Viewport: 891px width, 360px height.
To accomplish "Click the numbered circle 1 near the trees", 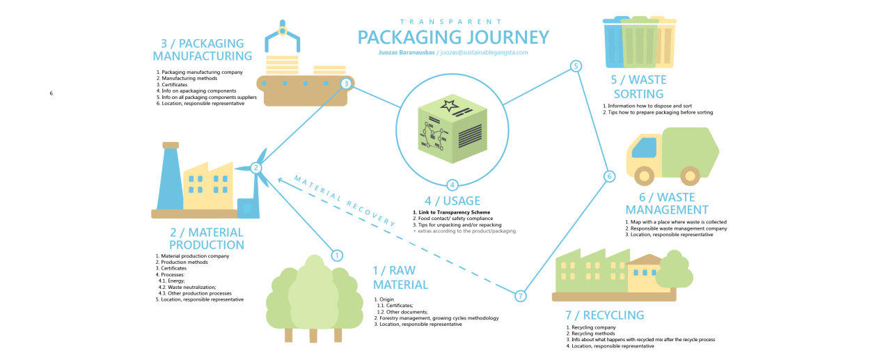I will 337,256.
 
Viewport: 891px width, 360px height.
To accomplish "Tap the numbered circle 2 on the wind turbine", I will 256,167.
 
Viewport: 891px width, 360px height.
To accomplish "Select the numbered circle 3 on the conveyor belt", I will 346,84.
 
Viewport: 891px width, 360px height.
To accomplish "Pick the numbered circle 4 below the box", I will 452,185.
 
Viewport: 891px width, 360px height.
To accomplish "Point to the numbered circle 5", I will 576,66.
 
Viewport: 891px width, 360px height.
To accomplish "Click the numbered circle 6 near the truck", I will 609,176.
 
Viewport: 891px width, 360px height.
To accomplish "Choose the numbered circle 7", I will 520,296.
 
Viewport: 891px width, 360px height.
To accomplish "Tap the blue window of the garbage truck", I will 644,148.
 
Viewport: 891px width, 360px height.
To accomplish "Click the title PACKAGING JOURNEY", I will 453,37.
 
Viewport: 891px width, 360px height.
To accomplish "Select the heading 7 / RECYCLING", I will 604,315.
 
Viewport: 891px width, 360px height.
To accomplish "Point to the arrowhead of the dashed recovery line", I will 280,180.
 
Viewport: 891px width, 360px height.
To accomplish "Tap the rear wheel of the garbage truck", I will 690,175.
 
